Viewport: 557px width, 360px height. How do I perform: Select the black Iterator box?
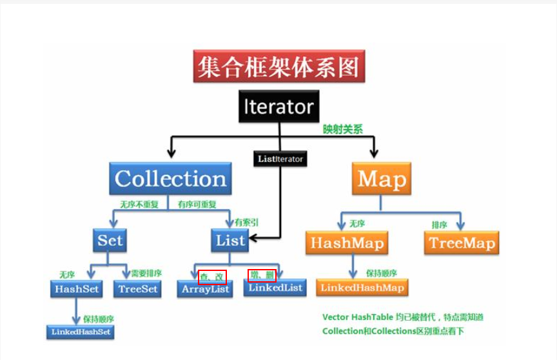click(x=279, y=106)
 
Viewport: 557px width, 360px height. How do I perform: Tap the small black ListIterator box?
click(x=280, y=158)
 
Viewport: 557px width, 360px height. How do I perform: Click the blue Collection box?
click(x=171, y=179)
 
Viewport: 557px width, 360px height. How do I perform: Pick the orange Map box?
click(x=382, y=179)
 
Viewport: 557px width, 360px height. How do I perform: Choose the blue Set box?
click(x=110, y=241)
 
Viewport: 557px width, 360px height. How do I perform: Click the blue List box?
click(x=230, y=241)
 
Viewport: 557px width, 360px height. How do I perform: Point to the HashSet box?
click(x=77, y=288)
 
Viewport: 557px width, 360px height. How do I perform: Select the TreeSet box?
click(x=138, y=288)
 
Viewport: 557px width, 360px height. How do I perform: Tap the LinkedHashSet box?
click(x=79, y=332)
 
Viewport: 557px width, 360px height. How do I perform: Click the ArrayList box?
click(x=205, y=290)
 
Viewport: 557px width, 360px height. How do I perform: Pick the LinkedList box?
click(x=274, y=288)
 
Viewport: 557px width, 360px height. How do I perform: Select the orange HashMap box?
click(x=347, y=243)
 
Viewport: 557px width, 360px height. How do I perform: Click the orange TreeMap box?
click(x=462, y=243)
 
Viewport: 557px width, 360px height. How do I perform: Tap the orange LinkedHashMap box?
click(x=362, y=287)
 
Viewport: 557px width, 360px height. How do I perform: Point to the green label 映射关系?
click(x=343, y=129)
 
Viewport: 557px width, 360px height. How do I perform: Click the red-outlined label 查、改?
click(x=212, y=276)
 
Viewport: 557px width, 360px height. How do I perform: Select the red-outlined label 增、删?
click(x=262, y=275)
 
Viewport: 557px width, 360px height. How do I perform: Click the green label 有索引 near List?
click(x=247, y=222)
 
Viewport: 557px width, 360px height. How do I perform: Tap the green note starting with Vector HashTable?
click(x=403, y=317)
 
